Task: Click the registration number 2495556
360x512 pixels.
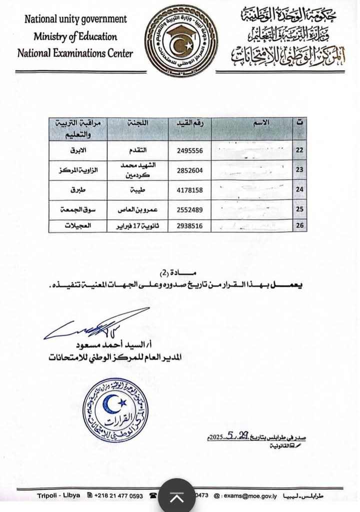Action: (189, 150)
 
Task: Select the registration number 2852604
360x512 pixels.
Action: (189, 170)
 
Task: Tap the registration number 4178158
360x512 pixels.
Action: (189, 190)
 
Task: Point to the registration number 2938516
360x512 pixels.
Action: (189, 225)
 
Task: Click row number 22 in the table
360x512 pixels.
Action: (300, 150)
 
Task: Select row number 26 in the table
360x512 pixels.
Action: (300, 225)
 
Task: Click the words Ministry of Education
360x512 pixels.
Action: (75, 37)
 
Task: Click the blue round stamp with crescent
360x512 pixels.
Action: (115, 411)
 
